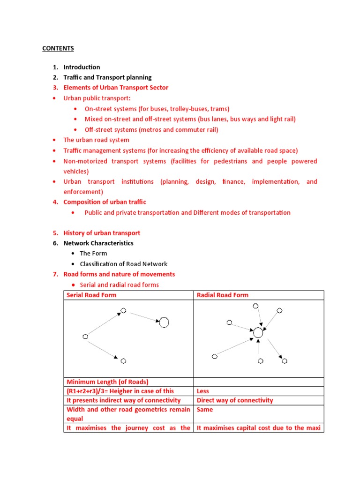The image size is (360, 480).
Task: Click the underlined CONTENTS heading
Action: pos(58,48)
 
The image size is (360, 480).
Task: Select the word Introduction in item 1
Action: pos(82,67)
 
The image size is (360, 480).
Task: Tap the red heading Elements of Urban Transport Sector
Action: pos(116,88)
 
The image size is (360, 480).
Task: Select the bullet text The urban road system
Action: pos(96,140)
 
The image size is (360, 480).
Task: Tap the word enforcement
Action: pos(82,192)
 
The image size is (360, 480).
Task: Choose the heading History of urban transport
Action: pos(102,233)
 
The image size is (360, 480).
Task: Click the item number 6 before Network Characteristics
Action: pos(55,243)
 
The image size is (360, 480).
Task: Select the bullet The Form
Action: pos(93,254)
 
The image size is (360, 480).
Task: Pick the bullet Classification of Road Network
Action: pos(123,264)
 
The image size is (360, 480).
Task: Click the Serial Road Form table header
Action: pos(91,295)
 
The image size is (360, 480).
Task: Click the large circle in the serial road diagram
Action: pos(164,322)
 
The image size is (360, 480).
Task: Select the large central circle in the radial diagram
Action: pos(258,333)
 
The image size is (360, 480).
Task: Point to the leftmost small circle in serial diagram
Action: pos(85,337)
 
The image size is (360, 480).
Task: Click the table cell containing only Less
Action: pos(203,391)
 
